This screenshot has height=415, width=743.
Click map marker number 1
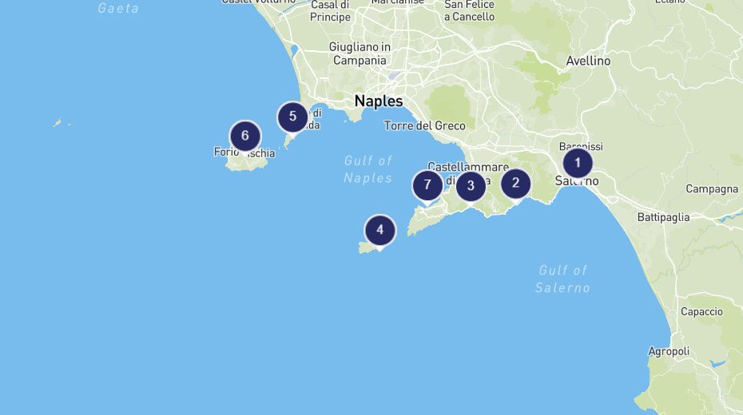tap(578, 163)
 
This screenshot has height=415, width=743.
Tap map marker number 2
tap(515, 183)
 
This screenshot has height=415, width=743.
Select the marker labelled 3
tap(471, 186)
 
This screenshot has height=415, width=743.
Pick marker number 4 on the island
tap(380, 231)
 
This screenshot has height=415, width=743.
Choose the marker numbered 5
tap(292, 117)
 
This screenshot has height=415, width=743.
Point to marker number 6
tap(245, 135)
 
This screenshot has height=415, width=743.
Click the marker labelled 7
tap(427, 185)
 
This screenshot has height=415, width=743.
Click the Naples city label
tap(379, 101)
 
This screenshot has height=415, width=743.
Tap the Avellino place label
tap(588, 61)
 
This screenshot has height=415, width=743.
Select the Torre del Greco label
tap(424, 125)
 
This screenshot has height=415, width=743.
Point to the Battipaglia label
tap(663, 217)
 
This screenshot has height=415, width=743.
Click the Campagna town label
tap(712, 189)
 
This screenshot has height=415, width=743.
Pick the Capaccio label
tap(701, 312)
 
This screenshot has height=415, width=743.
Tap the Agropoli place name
tap(669, 351)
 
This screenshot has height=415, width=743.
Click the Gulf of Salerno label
tap(562, 279)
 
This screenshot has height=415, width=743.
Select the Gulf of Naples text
tap(368, 169)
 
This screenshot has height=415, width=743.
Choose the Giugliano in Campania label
tap(360, 53)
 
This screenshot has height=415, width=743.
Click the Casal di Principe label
tap(331, 11)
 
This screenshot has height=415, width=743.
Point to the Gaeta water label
tap(118, 8)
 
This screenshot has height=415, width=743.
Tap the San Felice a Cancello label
tap(469, 10)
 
